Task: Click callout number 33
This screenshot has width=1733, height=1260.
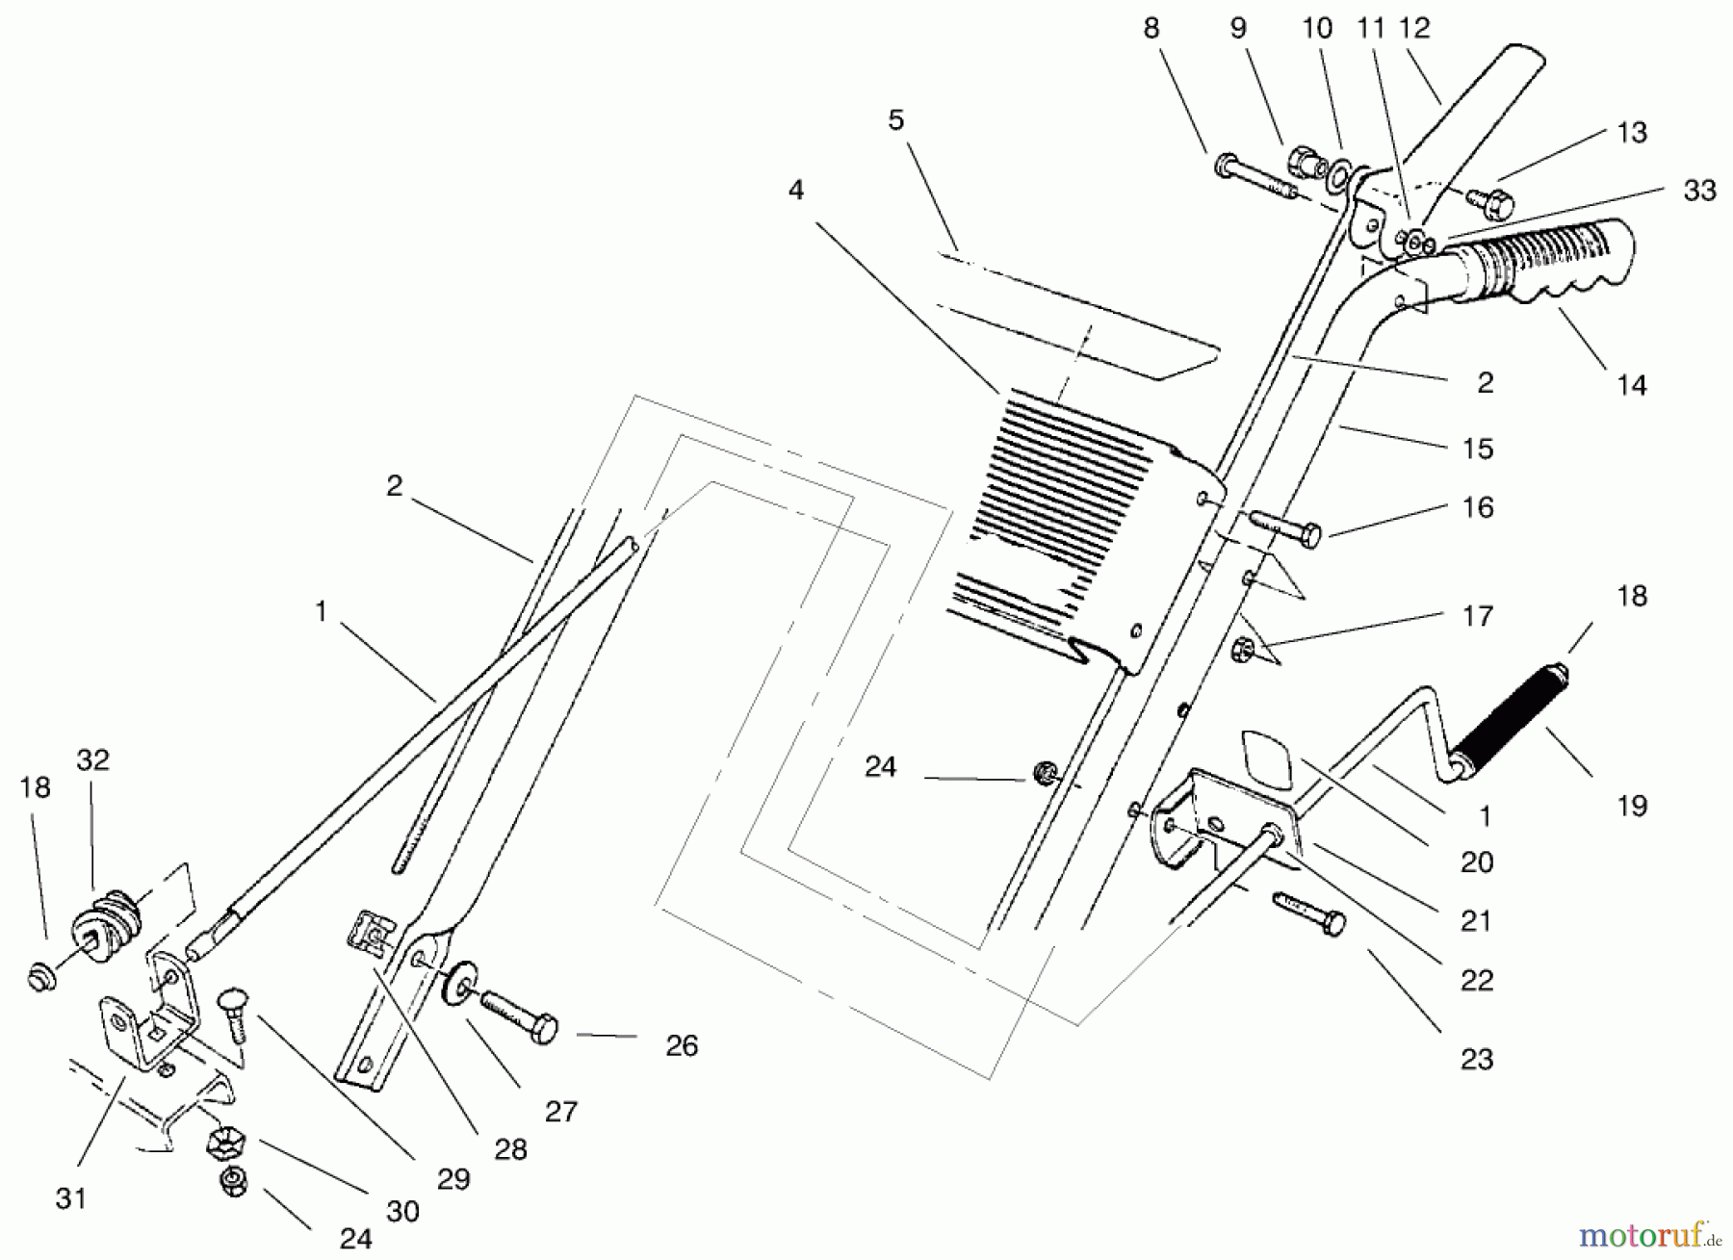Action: [x=1699, y=191]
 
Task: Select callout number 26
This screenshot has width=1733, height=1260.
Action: [x=681, y=1045]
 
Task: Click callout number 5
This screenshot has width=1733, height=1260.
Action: [x=896, y=120]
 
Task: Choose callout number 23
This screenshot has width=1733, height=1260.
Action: [x=1476, y=1059]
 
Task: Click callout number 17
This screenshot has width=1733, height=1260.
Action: [x=1476, y=615]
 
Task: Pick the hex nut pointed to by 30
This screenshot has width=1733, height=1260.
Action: [x=225, y=1142]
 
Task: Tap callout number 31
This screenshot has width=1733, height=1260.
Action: [x=71, y=1198]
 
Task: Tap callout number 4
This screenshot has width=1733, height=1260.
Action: [x=795, y=190]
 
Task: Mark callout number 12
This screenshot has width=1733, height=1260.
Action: [x=1414, y=28]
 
